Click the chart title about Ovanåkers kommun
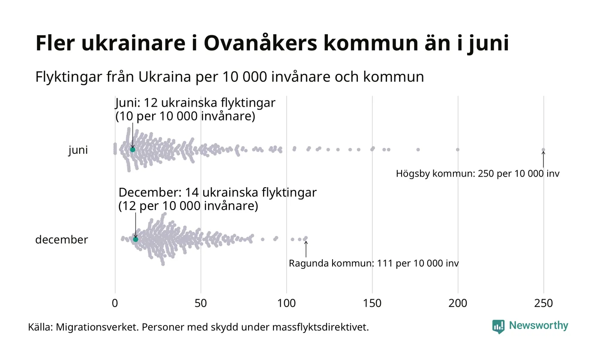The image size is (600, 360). click(x=272, y=44)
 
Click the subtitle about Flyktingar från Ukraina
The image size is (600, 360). click(x=229, y=77)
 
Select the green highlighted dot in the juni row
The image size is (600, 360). click(x=132, y=150)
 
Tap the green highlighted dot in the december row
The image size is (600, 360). click(x=135, y=239)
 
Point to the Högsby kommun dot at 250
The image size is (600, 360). click(x=543, y=150)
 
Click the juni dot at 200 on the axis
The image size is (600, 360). click(x=458, y=150)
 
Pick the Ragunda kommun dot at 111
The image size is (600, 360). click(x=306, y=238)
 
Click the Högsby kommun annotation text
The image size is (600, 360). click(x=477, y=174)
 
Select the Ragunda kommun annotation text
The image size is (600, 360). click(x=374, y=263)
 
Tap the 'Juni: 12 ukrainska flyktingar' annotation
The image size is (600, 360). click(x=195, y=103)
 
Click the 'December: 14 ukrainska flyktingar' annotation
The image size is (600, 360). click(x=217, y=193)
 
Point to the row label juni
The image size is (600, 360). click(x=78, y=150)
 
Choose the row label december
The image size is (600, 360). click(x=61, y=240)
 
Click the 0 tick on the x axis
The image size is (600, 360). click(x=115, y=303)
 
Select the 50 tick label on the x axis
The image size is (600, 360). click(x=201, y=303)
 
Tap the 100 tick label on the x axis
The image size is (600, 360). click(x=286, y=303)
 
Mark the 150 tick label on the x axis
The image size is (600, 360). click(x=372, y=303)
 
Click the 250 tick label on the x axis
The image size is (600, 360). click(x=543, y=303)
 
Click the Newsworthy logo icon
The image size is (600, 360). click(x=498, y=326)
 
